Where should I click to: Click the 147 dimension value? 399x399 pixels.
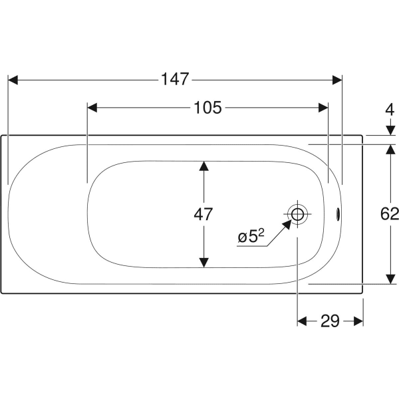click(175, 79)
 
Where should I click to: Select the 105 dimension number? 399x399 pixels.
click(207, 108)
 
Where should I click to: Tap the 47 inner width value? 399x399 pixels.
click(203, 214)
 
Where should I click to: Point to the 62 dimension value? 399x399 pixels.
click(390, 213)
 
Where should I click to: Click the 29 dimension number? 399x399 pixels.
click(330, 321)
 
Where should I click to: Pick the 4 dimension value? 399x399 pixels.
click(390, 110)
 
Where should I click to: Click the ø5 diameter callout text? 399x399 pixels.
click(251, 236)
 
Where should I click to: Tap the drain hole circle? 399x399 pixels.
click(297, 214)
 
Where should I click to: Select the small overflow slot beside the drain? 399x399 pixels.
click(338, 214)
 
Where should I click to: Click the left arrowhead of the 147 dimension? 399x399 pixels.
click(13, 80)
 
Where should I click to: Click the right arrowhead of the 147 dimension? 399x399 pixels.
click(337, 80)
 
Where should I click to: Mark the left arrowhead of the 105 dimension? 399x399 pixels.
click(92, 108)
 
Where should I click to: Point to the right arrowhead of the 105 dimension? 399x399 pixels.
click(323, 108)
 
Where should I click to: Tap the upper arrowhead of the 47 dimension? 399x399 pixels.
click(204, 166)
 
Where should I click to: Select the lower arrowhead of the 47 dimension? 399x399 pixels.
click(204, 263)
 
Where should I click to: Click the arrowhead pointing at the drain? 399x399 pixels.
click(287, 225)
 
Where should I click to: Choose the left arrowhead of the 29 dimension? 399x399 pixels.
click(302, 321)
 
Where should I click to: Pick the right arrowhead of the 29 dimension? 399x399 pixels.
click(358, 321)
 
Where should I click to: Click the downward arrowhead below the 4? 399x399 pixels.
click(390, 130)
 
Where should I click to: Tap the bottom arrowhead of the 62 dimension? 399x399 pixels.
click(390, 279)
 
